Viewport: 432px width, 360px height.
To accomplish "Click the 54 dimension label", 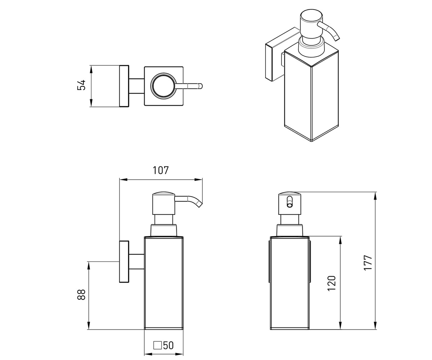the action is coord(81,85).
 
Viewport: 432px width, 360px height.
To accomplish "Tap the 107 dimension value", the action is coord(161,170).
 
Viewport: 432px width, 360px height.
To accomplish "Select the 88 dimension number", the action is coord(81,294).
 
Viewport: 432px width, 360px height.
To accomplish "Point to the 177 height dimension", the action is coord(368,263).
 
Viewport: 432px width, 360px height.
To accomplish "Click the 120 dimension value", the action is coord(332,283).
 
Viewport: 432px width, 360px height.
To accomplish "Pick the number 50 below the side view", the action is coord(168,345).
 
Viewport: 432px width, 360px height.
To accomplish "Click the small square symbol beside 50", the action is coord(158,345).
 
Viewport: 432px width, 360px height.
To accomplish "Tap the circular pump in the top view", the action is coord(163,85).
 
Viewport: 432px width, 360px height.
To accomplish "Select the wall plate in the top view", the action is coord(124,86).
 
